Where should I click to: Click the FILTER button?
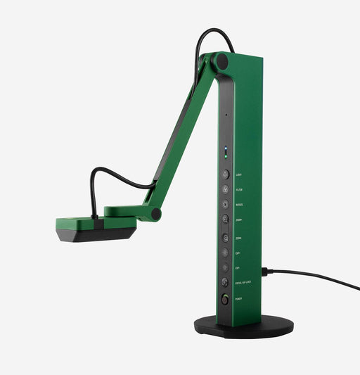(225, 189)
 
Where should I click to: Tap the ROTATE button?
(225, 205)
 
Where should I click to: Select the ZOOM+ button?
(225, 220)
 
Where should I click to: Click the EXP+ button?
(225, 253)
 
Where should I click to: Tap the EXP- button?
(225, 267)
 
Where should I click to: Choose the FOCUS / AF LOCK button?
(225, 282)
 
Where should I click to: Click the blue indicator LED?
(226, 149)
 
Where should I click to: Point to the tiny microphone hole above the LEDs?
(226, 115)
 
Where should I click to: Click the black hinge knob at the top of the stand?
(222, 61)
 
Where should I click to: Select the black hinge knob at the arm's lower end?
(156, 213)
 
